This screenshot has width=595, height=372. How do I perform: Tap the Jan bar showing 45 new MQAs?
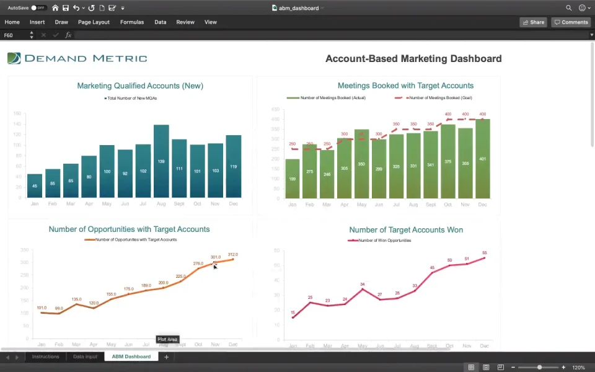coord(35,185)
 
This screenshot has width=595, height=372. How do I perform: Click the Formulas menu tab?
coord(132,22)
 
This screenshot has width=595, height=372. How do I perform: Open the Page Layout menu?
coord(94,22)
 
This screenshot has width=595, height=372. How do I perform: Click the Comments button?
coord(571,22)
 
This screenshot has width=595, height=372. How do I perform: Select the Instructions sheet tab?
coord(45,357)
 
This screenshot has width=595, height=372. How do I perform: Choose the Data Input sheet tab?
coord(85,357)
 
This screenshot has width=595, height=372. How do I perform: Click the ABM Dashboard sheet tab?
coord(131,357)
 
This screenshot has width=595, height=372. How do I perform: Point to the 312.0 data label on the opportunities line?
coord(233,255)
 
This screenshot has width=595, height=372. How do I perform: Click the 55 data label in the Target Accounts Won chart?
coord(484,253)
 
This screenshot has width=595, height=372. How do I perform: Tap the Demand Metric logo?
coord(77,58)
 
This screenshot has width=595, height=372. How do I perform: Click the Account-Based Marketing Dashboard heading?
coord(413,59)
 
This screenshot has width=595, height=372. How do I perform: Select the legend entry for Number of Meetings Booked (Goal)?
coord(436,98)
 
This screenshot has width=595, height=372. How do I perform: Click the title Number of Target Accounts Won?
coord(406,230)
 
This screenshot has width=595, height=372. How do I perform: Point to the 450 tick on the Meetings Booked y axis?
coord(276,110)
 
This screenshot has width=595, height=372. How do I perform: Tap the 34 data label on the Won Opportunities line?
coord(363,285)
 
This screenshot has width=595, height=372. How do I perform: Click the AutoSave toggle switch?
coord(38,8)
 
